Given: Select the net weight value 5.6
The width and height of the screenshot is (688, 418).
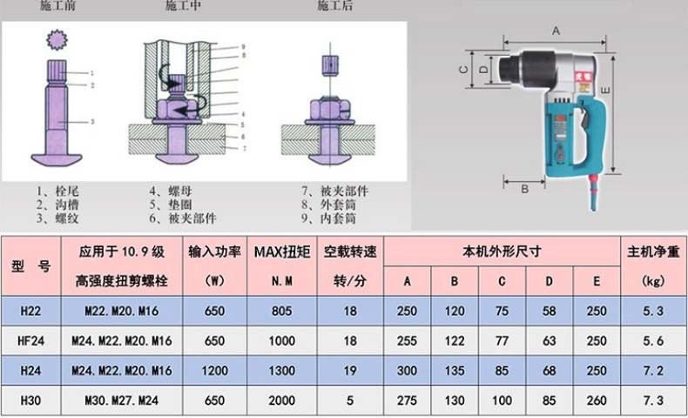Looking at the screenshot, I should [652, 342].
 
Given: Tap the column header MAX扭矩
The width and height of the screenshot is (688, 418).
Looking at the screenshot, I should [280, 251].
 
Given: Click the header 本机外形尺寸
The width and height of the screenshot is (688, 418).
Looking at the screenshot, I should [502, 251].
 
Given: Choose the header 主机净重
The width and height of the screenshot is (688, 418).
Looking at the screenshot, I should [652, 251].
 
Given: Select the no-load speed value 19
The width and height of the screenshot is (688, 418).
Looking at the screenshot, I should [349, 372].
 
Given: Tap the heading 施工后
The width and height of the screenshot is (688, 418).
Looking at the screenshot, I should [335, 6].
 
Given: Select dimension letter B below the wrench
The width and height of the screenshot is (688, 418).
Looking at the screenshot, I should [525, 187].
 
